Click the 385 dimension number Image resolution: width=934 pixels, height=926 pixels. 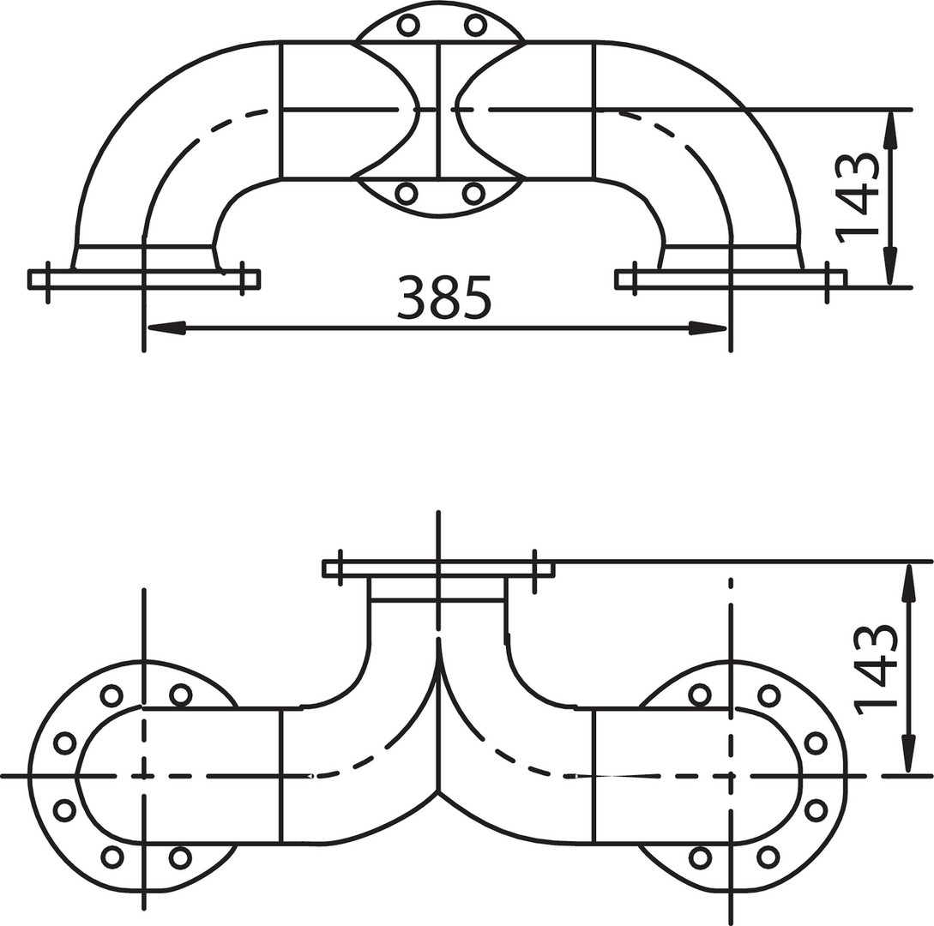tap(444, 297)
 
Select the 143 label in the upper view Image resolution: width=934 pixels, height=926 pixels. tap(858, 198)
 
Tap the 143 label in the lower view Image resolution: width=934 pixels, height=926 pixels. tap(876, 669)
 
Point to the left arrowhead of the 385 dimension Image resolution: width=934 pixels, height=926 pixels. tap(166, 328)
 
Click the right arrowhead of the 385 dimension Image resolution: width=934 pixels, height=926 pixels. tap(708, 328)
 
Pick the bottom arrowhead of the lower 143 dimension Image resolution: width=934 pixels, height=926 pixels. tap(907, 752)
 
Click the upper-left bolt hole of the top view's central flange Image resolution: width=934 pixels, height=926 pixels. tap(408, 25)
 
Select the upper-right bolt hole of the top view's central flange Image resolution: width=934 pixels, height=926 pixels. tap(475, 25)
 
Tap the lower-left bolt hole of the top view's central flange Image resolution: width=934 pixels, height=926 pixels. tap(407, 194)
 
